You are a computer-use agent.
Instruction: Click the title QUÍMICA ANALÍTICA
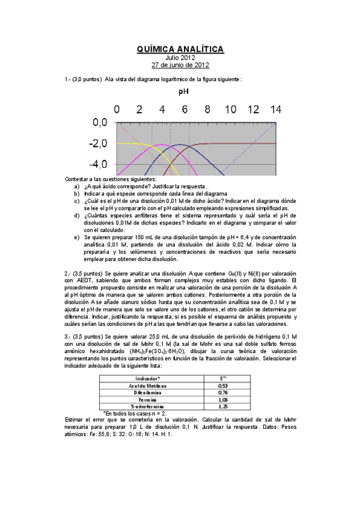click(180, 49)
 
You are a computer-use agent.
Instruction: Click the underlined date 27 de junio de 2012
click(180, 65)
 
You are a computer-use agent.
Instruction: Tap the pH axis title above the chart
click(184, 92)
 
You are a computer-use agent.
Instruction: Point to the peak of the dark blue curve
click(179, 144)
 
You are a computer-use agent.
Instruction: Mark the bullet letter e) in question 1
click(76, 237)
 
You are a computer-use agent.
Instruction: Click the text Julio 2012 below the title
click(180, 58)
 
